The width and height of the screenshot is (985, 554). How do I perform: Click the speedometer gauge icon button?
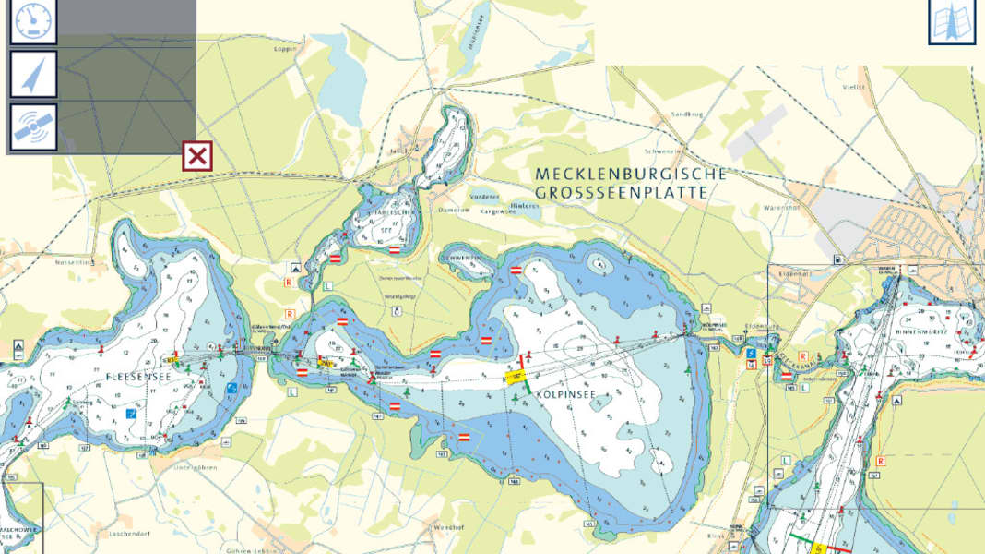(33, 21)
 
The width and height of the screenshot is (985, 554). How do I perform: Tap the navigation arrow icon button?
(33, 75)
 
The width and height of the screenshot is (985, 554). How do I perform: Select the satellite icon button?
(33, 127)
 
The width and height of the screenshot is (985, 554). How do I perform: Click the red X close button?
(196, 156)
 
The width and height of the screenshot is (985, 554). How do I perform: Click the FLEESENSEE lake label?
(138, 377)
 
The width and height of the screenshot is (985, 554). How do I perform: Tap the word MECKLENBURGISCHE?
(630, 174)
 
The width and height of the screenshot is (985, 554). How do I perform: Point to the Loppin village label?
(287, 48)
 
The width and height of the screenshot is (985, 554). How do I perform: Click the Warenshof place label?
(780, 208)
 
